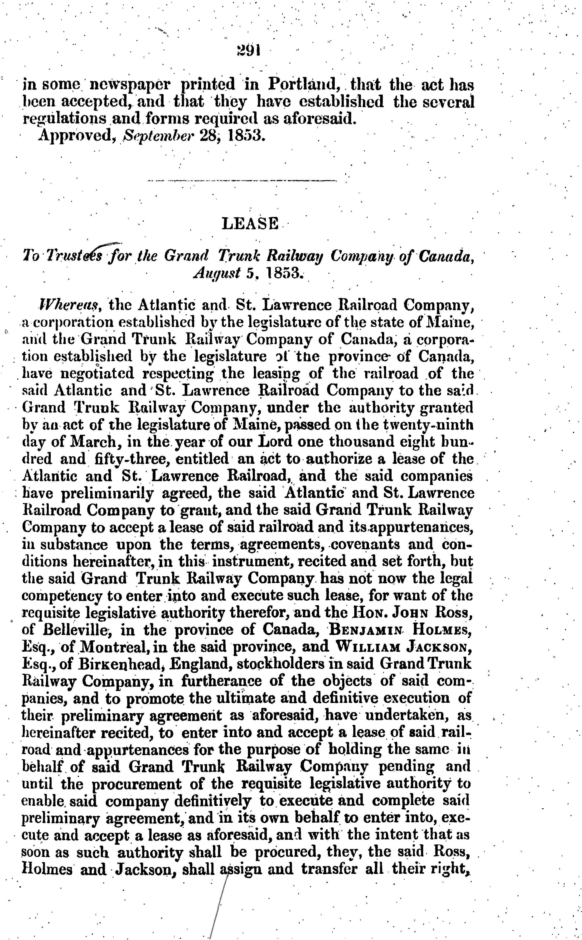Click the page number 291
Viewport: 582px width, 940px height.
(249, 50)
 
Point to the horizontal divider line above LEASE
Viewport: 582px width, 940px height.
(242, 180)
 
